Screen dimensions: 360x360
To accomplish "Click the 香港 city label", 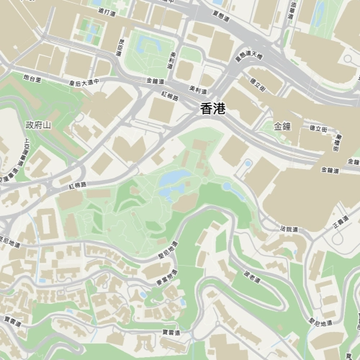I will click(213, 109).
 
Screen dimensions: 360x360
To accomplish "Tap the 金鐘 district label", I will click(282, 126).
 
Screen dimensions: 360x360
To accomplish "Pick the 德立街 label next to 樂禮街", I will click(318, 129).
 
